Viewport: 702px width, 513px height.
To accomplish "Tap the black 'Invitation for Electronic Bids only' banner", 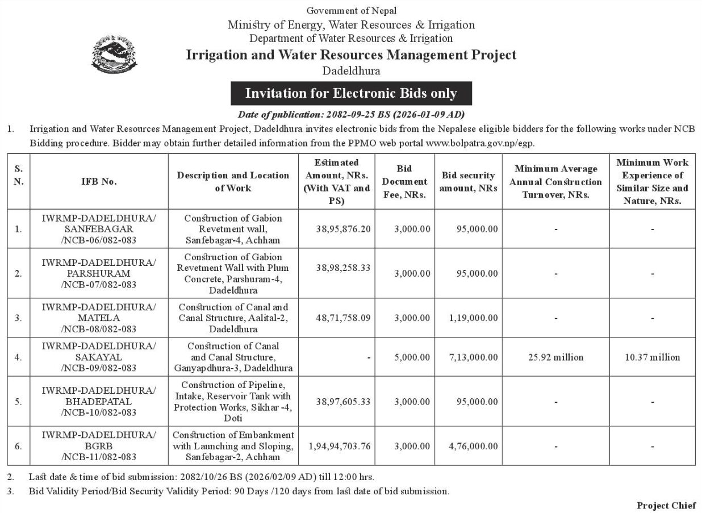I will pyautogui.click(x=351, y=93).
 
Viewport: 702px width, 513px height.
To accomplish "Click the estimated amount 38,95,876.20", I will pyautogui.click(x=343, y=228).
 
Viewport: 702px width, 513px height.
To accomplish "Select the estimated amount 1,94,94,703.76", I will pyautogui.click(x=340, y=446).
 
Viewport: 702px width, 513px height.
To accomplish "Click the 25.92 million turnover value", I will pyautogui.click(x=555, y=357).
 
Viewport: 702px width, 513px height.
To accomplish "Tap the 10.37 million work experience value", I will pyautogui.click(x=652, y=357).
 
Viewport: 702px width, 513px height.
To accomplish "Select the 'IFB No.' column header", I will pyautogui.click(x=99, y=181).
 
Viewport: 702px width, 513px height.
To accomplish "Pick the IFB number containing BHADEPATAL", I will pyautogui.click(x=99, y=401).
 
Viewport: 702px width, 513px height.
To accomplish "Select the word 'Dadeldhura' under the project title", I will pyautogui.click(x=351, y=71).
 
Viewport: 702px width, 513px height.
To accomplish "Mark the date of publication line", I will pyautogui.click(x=351, y=114).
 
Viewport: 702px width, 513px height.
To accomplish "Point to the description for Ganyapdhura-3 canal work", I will pyautogui.click(x=233, y=357).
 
